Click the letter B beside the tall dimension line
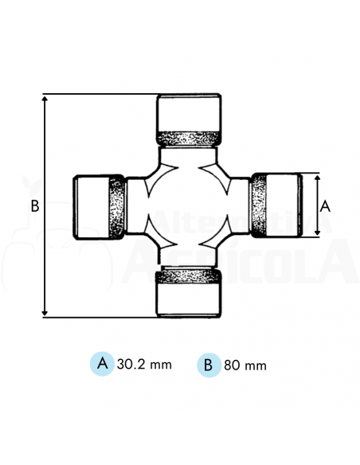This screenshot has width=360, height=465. pyautogui.click(x=34, y=206)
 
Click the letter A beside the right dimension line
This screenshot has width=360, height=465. pyautogui.click(x=325, y=205)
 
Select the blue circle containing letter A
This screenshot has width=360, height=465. pyautogui.click(x=102, y=364)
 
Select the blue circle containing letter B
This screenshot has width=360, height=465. pyautogui.click(x=208, y=365)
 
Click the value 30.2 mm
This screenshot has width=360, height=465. pyautogui.click(x=144, y=365)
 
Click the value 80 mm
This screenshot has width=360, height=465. pyautogui.click(x=245, y=365)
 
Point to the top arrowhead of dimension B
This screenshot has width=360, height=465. pyautogui.click(x=45, y=100)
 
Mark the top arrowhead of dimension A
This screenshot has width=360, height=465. pyautogui.click(x=316, y=177)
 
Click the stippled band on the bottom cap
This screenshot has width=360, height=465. pyautogui.click(x=189, y=276)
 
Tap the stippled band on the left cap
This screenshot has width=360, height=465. pyautogui.click(x=116, y=207)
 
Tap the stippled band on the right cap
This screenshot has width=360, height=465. pyautogui.click(x=259, y=205)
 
